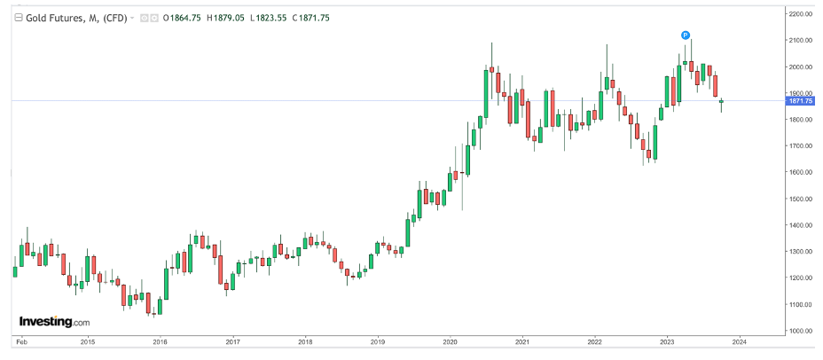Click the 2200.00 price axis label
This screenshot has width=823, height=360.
click(802, 14)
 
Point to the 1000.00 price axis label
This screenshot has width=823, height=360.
click(802, 331)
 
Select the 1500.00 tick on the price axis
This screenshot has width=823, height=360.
click(802, 199)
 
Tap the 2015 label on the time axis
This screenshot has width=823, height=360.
click(88, 341)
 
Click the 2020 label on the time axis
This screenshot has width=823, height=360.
click(450, 341)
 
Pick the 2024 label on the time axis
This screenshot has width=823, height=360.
click(739, 341)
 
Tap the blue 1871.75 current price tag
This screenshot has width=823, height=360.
click(801, 101)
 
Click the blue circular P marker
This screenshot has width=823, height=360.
click(685, 35)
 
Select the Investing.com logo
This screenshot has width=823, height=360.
click(54, 322)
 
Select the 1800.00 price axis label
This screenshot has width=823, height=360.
click(802, 120)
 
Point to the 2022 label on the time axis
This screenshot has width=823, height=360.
click(594, 341)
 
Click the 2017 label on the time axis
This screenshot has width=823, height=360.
click(232, 341)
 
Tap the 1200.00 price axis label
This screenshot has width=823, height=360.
click(802, 278)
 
